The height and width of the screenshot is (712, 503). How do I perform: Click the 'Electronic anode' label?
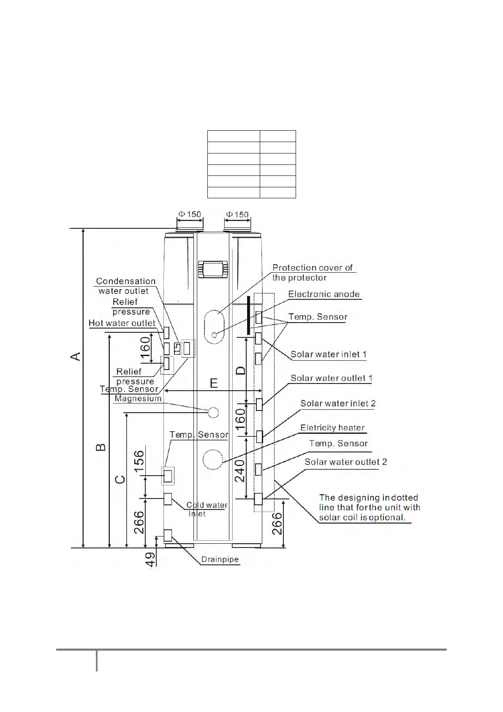[x=324, y=294]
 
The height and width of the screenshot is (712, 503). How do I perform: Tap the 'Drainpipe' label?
[x=220, y=559]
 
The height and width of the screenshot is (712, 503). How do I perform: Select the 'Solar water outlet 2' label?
[x=345, y=462]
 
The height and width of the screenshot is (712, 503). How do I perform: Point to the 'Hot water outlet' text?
[x=122, y=323]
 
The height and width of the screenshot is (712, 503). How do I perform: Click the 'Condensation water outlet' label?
[x=125, y=286]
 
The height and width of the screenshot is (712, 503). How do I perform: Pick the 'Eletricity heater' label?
[x=332, y=427]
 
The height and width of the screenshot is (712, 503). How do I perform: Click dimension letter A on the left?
[x=76, y=356]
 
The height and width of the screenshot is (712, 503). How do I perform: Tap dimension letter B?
[x=101, y=447]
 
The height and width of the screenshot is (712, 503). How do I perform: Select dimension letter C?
[x=120, y=479]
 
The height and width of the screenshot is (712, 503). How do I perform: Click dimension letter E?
[x=214, y=383]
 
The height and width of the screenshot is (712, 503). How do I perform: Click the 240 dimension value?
[x=239, y=471]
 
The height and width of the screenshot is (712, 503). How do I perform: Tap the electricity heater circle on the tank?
[x=212, y=459]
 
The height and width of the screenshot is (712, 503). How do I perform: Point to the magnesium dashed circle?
[x=213, y=412]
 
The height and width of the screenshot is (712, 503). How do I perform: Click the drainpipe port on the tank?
[x=168, y=536]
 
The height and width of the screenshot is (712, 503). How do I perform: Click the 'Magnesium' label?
[x=138, y=399]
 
